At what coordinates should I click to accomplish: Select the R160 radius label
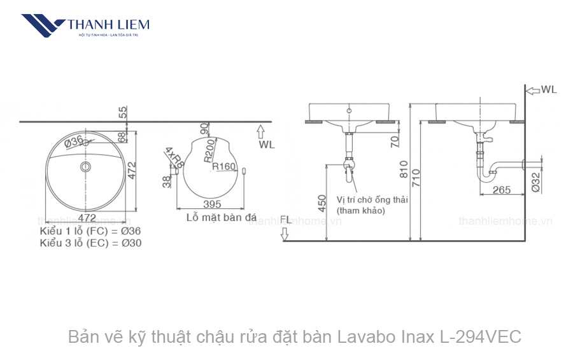(224, 167)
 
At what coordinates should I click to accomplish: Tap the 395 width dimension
(212, 205)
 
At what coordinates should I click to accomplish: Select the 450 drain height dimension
(322, 202)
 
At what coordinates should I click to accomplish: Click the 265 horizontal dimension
(502, 190)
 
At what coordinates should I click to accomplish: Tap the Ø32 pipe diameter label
(535, 182)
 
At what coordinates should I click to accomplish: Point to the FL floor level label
(285, 220)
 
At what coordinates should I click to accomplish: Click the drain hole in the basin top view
(85, 167)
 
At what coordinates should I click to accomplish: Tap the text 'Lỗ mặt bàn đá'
(213, 217)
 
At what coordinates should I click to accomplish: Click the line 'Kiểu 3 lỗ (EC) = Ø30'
(90, 243)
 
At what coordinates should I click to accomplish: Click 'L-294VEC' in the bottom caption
(480, 336)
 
